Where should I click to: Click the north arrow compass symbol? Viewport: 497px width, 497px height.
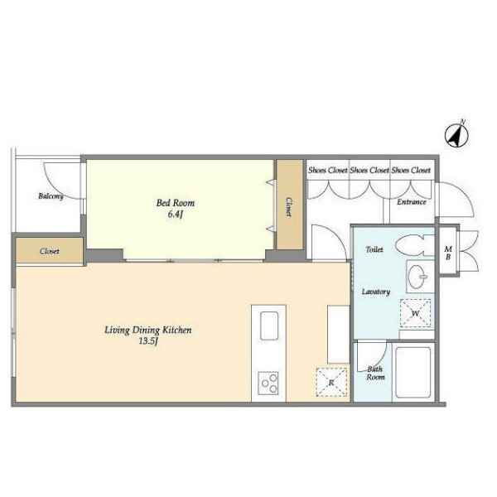coord(456,136)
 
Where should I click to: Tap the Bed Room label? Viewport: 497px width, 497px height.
coord(176,203)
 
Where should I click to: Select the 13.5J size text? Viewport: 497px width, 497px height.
coord(148,341)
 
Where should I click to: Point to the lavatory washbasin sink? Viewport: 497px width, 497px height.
coord(417,276)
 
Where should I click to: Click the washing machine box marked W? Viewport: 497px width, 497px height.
coord(415,313)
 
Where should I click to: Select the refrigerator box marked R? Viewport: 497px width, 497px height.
coord(331,382)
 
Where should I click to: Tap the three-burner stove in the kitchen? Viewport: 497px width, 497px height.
coord(268,384)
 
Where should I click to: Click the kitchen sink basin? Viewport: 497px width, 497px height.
coord(269,326)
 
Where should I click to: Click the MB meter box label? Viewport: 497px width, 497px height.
coord(448,253)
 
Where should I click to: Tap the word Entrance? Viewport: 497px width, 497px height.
coord(412,202)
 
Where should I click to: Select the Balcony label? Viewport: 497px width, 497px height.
coord(51,196)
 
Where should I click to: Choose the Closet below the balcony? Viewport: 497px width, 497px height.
coord(50,251)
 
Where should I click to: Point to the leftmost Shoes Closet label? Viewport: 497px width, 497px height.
coord(328,170)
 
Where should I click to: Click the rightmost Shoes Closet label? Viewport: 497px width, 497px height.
coord(411,170)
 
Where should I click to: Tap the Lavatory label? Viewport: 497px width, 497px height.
coord(376,292)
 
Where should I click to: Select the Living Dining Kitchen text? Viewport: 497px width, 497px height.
coord(148,331)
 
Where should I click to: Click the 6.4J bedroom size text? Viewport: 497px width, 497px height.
coord(176,215)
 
